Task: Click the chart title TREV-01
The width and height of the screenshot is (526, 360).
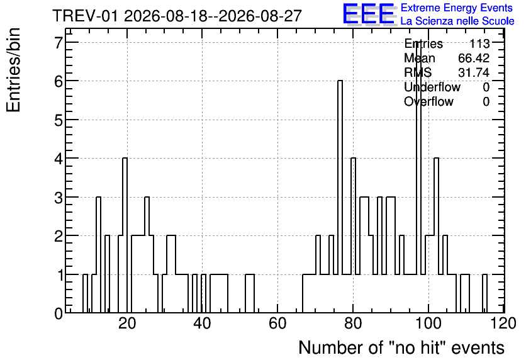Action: [85, 16]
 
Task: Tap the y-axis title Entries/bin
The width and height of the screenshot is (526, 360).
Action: [13, 70]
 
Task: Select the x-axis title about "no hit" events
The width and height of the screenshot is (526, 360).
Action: [401, 347]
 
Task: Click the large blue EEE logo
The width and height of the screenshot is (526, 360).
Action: [369, 14]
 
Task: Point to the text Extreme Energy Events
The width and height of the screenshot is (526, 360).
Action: [457, 8]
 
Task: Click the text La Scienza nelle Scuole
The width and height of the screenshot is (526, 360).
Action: [457, 21]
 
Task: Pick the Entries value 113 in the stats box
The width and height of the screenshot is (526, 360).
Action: [479, 43]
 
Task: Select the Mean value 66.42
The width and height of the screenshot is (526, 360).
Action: [474, 58]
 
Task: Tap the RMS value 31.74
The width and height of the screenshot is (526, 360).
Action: [474, 72]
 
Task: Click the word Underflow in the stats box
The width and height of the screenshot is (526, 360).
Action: [432, 87]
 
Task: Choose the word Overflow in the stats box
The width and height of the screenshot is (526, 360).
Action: [428, 101]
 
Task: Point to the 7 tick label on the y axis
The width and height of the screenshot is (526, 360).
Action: [59, 43]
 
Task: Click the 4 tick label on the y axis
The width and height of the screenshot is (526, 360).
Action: [59, 159]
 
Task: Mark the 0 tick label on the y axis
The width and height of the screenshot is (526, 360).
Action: [59, 313]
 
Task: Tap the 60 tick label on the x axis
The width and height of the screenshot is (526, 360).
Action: [277, 323]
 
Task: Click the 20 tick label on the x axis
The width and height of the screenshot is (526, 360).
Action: [127, 323]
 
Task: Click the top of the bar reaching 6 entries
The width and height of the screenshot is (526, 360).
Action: [340, 81]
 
